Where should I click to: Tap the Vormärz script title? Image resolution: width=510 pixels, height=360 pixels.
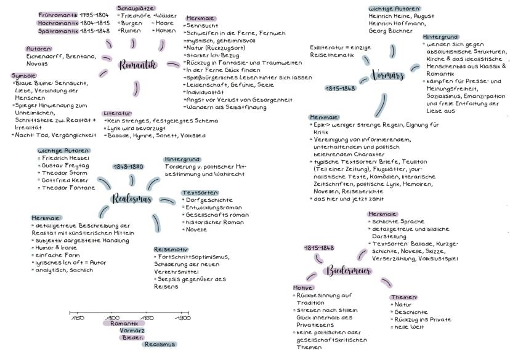pos(387,76)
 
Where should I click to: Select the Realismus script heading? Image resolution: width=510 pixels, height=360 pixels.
pos(132,199)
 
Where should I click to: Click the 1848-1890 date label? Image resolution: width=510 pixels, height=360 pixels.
pos(128,167)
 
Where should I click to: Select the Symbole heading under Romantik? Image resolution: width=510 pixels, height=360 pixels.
pos(23,75)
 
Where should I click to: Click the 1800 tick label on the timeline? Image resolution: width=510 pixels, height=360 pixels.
pos(112,318)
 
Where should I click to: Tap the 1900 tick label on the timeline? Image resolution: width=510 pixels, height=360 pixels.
pos(183,318)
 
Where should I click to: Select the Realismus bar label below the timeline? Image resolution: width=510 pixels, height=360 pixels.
pos(160,344)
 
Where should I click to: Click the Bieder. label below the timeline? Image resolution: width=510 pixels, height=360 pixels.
pos(132,337)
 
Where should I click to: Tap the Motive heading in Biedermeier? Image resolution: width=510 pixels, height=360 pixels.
pos(303,287)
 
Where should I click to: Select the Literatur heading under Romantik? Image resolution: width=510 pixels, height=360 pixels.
pos(117,113)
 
